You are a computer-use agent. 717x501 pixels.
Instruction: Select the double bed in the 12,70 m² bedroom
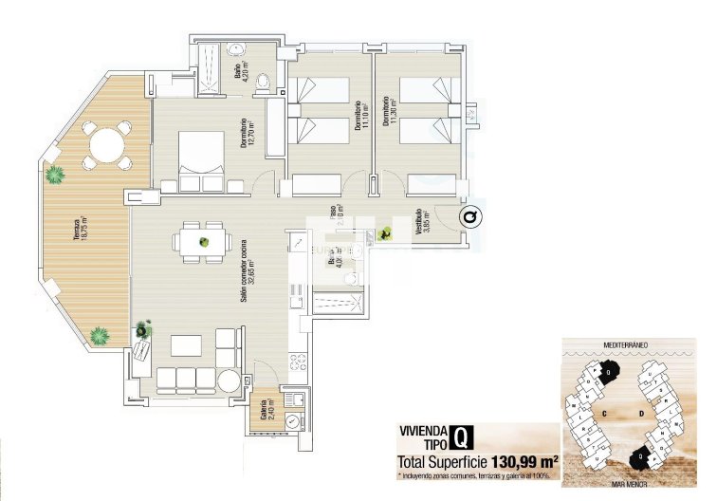(201, 163)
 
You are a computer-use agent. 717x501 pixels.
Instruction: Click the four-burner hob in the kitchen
(297, 362)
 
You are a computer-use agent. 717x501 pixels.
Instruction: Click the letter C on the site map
(603, 414)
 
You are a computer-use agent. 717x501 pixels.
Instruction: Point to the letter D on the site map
(642, 414)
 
